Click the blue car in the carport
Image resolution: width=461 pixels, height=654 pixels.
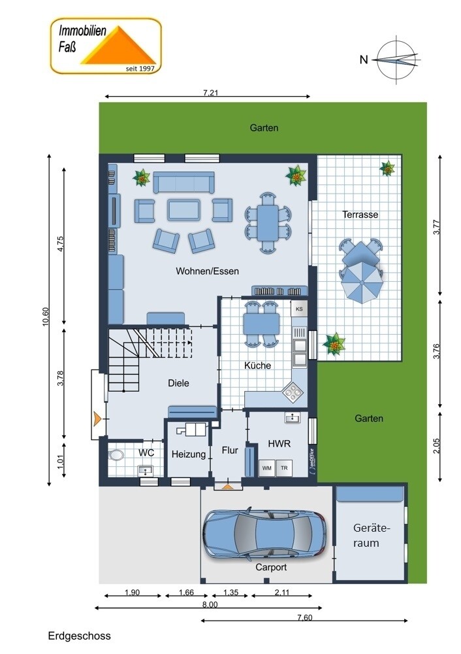click(264, 532)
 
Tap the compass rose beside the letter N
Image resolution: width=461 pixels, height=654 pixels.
click(397, 60)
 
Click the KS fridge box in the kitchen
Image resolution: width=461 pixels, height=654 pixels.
click(299, 309)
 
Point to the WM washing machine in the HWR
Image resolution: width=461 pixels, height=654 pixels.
click(266, 468)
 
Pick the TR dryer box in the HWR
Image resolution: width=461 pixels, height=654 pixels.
click(284, 468)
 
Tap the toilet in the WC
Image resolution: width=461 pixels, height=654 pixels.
click(116, 455)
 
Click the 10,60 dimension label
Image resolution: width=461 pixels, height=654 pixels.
click(46, 317)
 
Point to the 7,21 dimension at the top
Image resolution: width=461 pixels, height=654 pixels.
click(211, 93)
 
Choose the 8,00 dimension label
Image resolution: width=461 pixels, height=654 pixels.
click(210, 604)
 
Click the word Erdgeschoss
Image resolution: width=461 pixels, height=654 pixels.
click(80, 636)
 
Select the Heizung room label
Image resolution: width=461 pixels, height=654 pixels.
click(189, 455)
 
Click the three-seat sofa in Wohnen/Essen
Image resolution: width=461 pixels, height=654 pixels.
click(183, 182)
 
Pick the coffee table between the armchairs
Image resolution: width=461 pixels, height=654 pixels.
click(183, 209)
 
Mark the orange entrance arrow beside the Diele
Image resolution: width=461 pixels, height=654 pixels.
click(97, 419)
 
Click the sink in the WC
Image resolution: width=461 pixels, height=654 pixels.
click(146, 470)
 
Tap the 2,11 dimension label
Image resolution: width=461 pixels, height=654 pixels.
click(282, 592)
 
